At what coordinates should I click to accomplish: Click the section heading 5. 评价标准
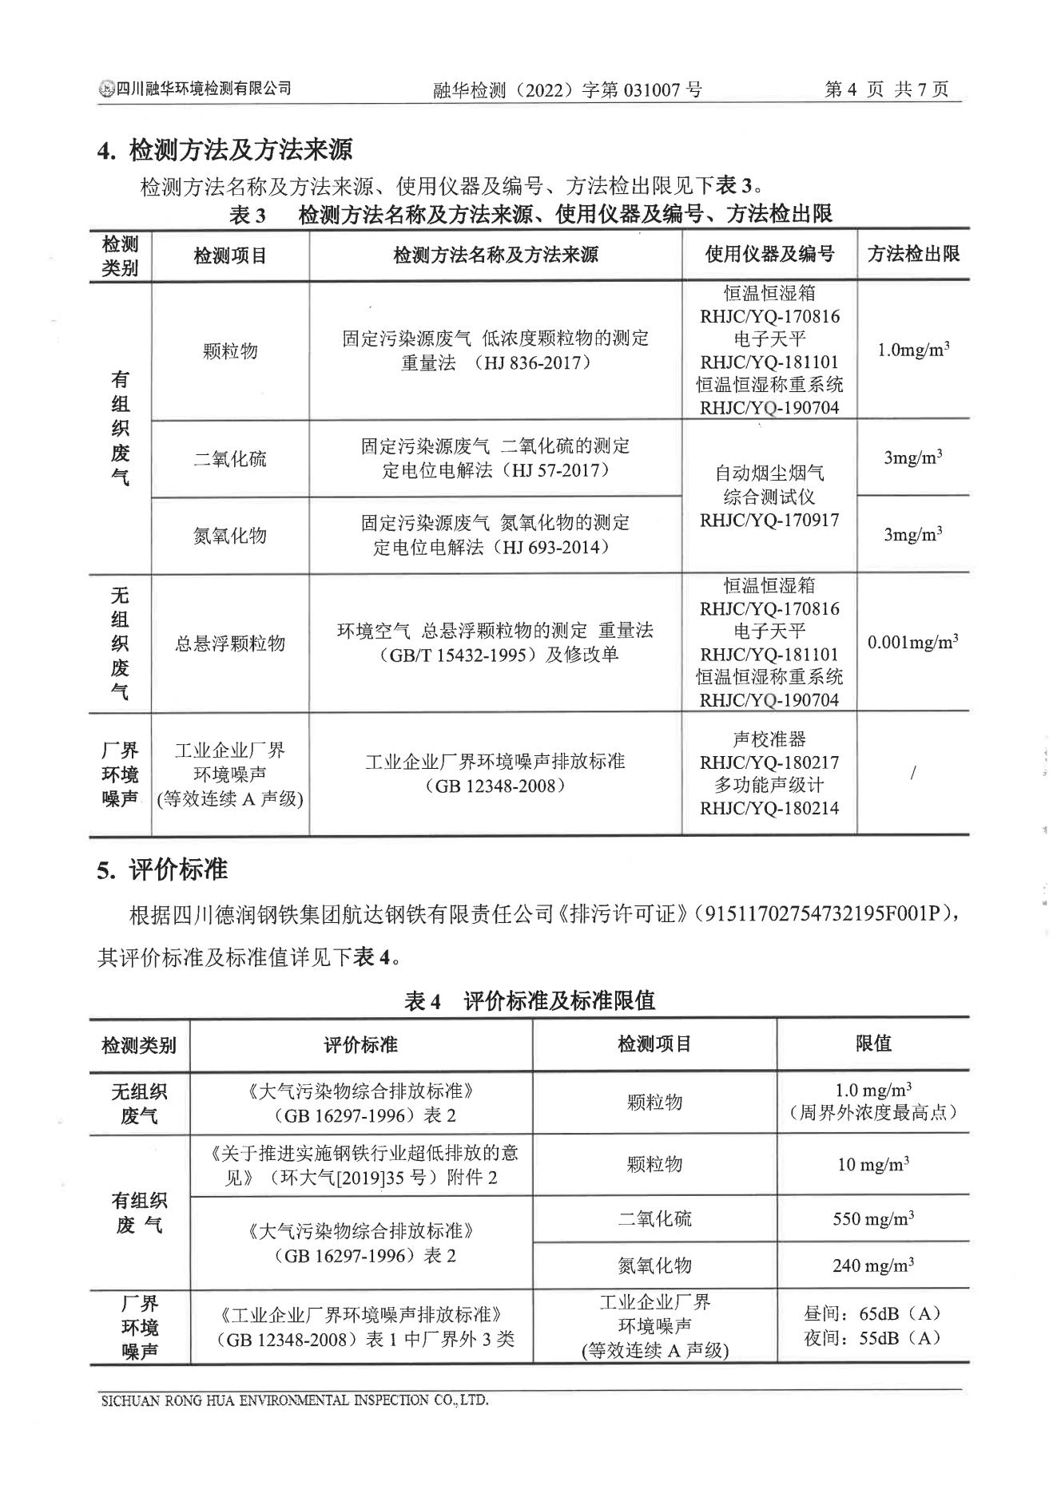coord(162,869)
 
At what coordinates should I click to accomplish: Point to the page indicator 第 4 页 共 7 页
coord(886,89)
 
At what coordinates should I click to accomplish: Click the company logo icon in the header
coord(106,89)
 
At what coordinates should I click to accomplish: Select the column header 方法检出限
coord(913,254)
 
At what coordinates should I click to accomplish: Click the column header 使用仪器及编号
coord(769,254)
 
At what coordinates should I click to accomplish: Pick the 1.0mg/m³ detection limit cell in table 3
coord(913,350)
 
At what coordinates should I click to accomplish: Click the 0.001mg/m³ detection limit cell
coord(913,642)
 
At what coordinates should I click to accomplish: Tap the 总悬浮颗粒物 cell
coord(230,644)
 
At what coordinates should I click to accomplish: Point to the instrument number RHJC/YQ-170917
coord(769,521)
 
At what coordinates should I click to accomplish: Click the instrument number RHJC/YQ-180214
coord(769,808)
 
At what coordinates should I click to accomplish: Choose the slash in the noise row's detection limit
coord(913,773)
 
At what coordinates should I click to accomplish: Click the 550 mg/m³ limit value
coord(873,1219)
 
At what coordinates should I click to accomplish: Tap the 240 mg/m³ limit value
coord(873,1265)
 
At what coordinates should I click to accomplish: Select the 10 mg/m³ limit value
coord(873,1164)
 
